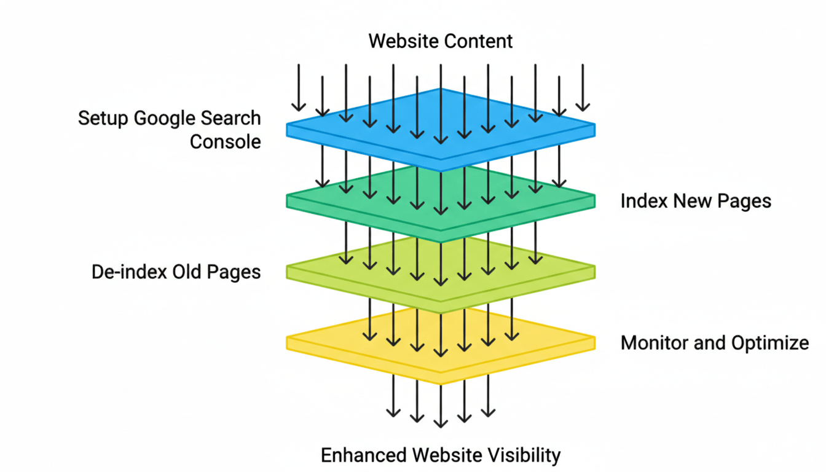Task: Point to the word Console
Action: [x=225, y=142]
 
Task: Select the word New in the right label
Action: [x=693, y=201]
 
